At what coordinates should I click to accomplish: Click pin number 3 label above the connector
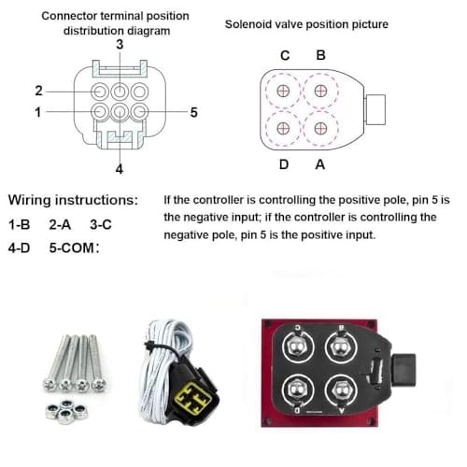click(120, 45)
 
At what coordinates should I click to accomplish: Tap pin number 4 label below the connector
click(120, 169)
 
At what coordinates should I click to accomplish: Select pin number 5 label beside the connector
click(193, 112)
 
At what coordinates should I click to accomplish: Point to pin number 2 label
click(38, 91)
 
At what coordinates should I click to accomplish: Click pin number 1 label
click(38, 112)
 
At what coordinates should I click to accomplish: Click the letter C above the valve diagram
click(285, 55)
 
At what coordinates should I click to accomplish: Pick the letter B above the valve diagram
click(320, 55)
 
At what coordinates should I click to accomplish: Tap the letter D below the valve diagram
click(284, 164)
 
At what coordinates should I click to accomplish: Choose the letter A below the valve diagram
click(320, 164)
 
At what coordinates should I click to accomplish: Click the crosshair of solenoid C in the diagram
click(283, 91)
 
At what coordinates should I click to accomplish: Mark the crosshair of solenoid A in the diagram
click(320, 128)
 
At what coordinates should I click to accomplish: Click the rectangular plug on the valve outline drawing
click(375, 109)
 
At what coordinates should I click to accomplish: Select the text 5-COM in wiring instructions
click(72, 248)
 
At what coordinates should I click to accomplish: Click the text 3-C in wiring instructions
click(101, 224)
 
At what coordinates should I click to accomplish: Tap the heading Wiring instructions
click(73, 200)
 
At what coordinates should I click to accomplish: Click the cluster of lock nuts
click(67, 412)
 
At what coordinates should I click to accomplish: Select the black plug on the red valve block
click(403, 371)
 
